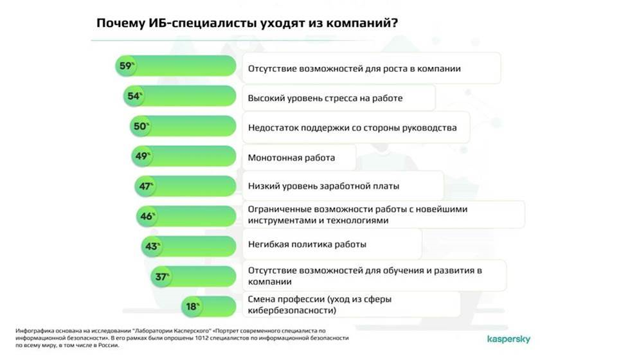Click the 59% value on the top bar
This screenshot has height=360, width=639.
pos(127,66)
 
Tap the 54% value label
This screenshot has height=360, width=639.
pos(134,96)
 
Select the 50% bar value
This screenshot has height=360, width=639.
pos(141,126)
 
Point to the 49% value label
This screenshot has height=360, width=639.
pos(143,156)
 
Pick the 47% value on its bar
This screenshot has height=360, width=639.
pos(146,186)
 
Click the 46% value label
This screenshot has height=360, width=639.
pos(147,216)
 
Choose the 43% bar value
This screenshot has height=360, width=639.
pos(152,246)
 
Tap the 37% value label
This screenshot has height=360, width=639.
pos(162,277)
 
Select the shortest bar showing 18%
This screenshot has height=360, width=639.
pos(209,307)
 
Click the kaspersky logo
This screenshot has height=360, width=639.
pos(509,339)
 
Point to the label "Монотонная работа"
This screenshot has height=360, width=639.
pos(291,157)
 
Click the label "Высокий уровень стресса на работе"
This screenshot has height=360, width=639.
pos(325,98)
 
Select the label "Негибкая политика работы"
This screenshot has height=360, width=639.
pos(307,244)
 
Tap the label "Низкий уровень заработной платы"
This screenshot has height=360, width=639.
pos(323,186)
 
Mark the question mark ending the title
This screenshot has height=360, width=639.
pos(394,23)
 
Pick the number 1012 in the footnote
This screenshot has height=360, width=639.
pos(201,338)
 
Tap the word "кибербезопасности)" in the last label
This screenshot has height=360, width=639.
pos(292,310)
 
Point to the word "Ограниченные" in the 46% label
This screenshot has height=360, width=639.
pos(272,210)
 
